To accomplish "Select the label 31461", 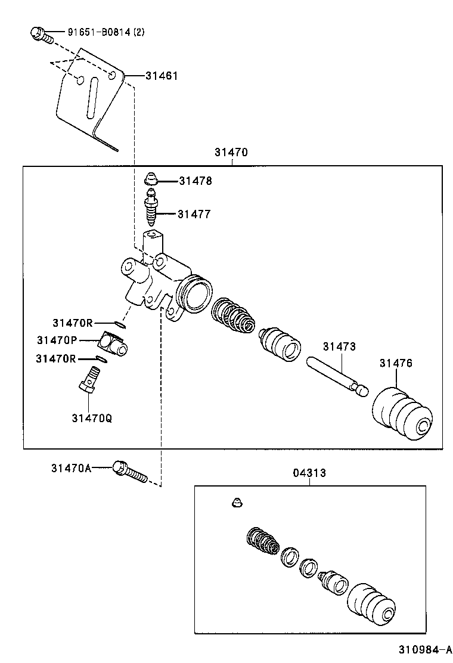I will pyautogui.click(x=160, y=76).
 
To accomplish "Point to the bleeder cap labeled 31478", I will pyautogui.click(x=151, y=178).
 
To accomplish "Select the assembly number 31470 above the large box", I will pyautogui.click(x=231, y=153).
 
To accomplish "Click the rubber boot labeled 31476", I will pyautogui.click(x=401, y=415).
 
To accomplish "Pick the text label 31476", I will pyautogui.click(x=396, y=363).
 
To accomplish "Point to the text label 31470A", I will pyautogui.click(x=71, y=469).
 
